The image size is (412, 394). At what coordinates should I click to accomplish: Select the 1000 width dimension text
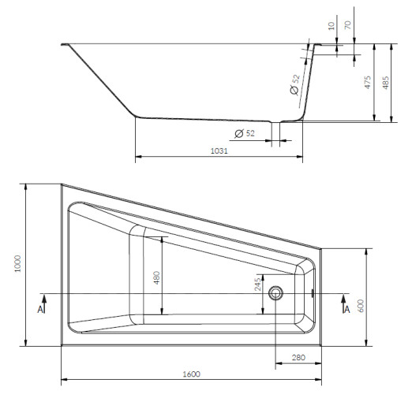coord(17,266)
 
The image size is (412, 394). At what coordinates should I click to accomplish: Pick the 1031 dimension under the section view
coord(219,151)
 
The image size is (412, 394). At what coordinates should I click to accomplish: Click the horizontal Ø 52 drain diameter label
coord(245,133)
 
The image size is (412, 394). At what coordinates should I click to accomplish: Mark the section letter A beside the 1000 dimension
coord(41,310)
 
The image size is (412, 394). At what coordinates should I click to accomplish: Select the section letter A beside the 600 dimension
coord(346,310)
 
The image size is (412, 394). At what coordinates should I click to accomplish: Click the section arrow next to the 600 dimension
coord(345,298)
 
